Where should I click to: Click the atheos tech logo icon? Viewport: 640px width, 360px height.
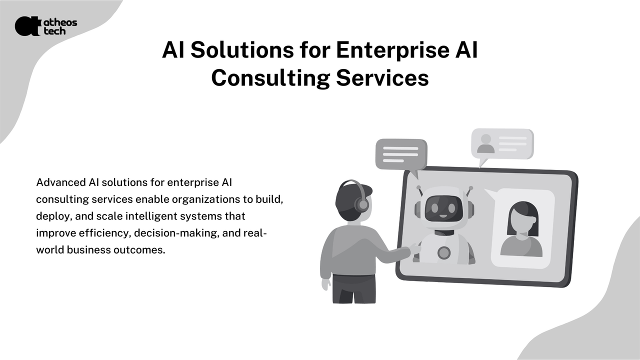pyautogui.click(x=27, y=26)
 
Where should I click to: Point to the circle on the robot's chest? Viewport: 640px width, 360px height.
pyautogui.click(x=444, y=253)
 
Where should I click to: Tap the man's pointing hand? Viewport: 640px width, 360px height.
pyautogui.click(x=414, y=247)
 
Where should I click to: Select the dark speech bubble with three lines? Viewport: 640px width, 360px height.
pyautogui.click(x=401, y=155)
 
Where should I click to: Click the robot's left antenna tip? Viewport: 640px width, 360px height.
pyautogui.click(x=419, y=188)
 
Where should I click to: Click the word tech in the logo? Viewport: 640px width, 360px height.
pyautogui.click(x=54, y=31)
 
